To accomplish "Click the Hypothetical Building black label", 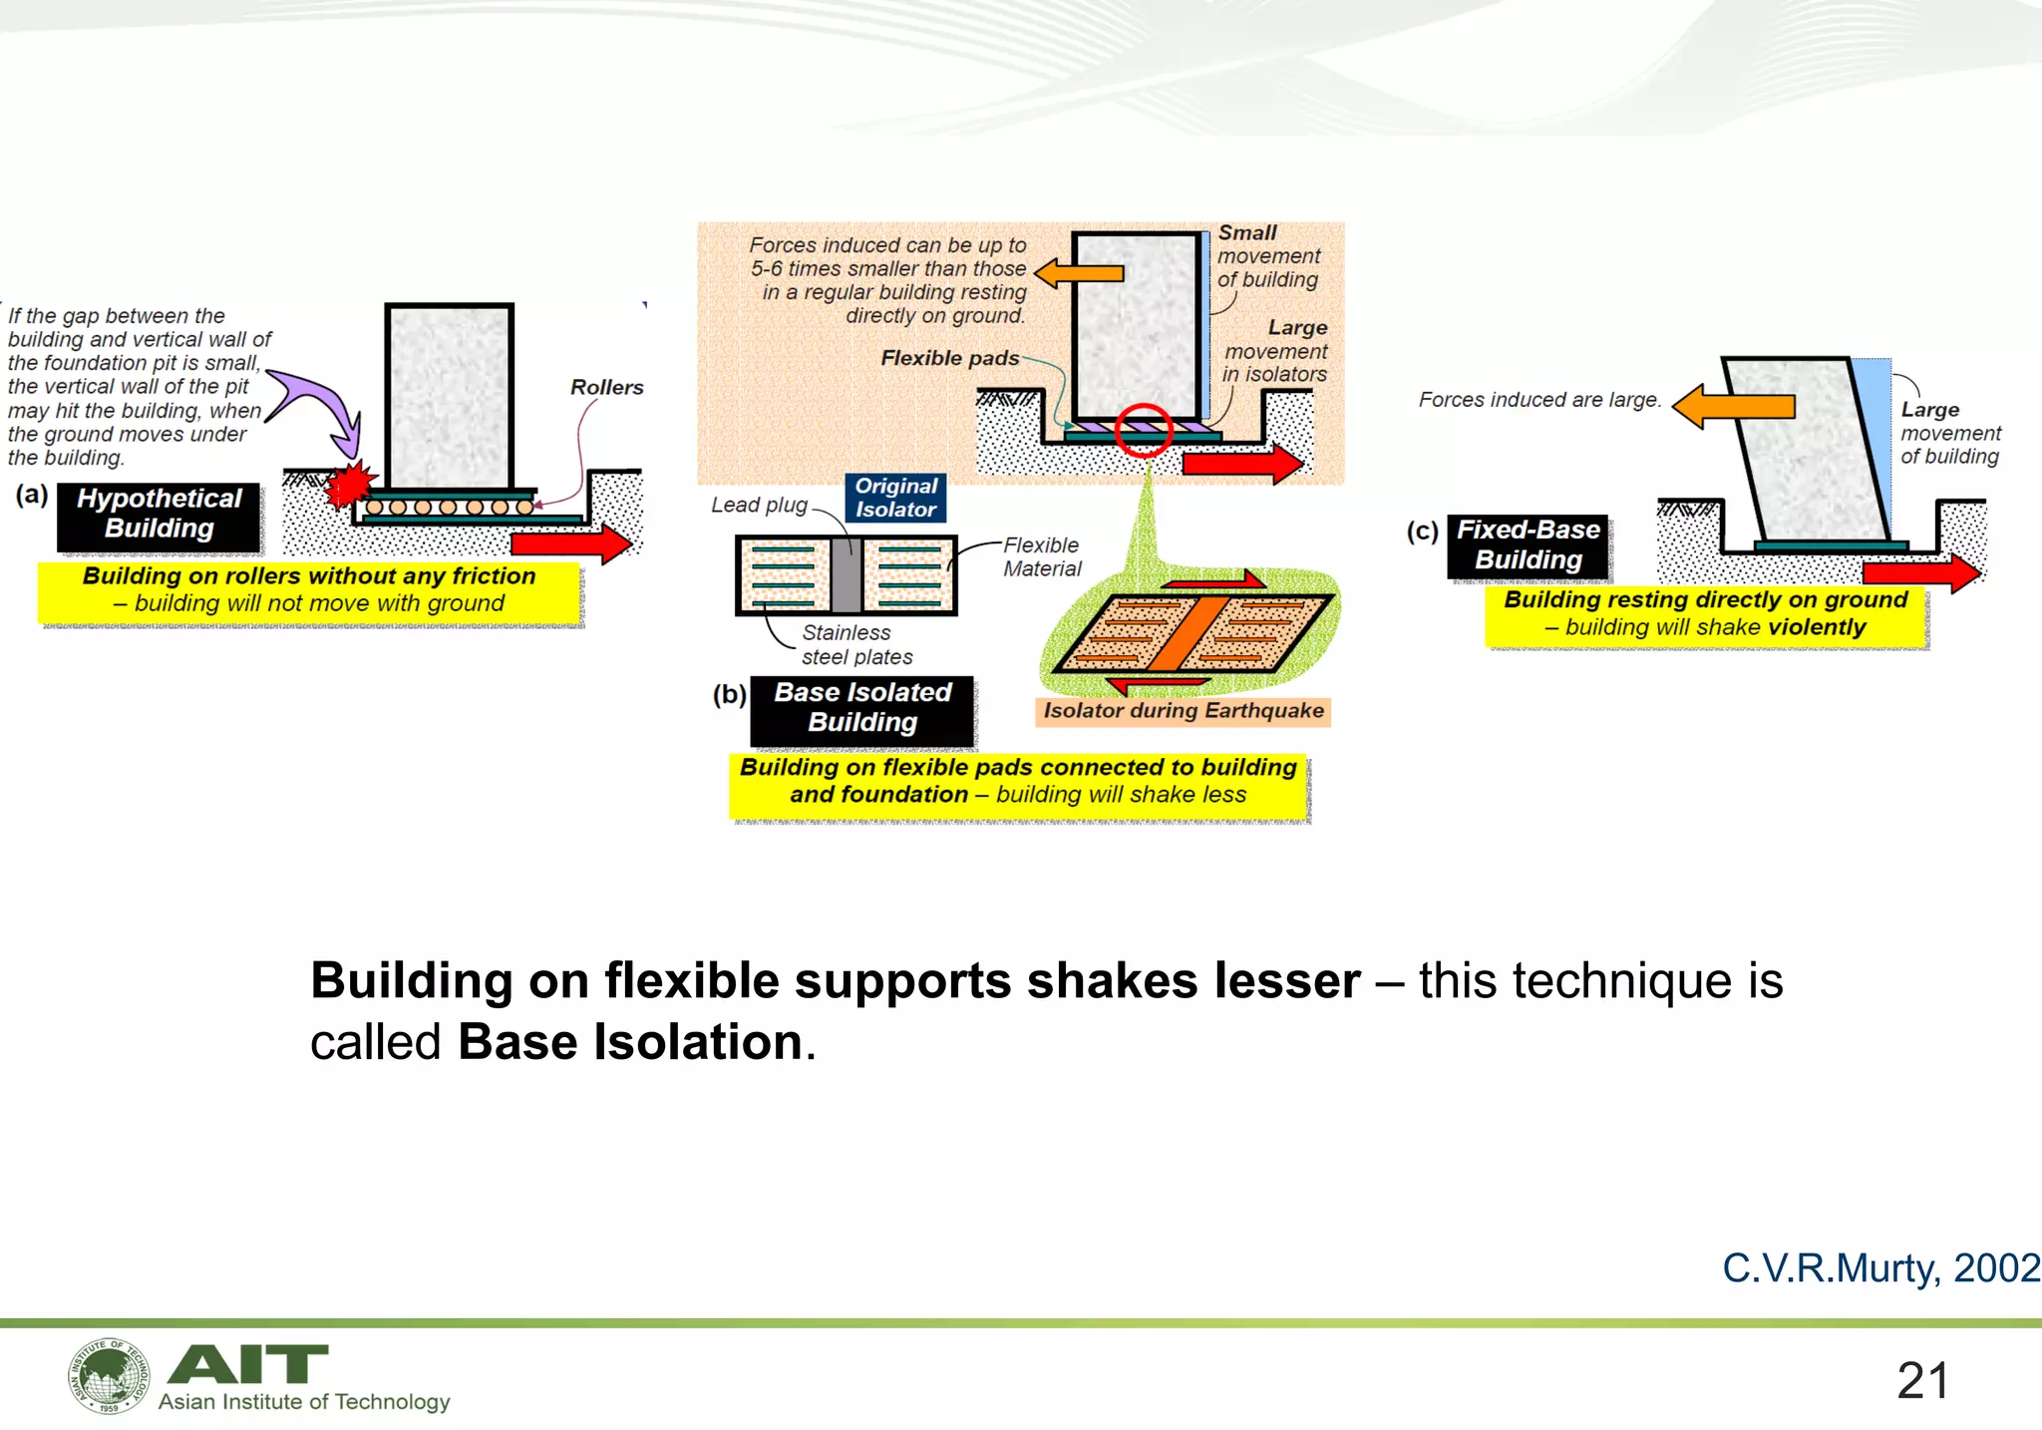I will tap(160, 515).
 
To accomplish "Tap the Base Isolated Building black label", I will tap(862, 708).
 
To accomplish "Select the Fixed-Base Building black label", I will tap(1528, 545).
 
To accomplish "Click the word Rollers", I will tap(606, 388).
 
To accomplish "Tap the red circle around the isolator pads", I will tap(1143, 430).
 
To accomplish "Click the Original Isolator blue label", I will tap(895, 498).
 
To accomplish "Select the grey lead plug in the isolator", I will tap(846, 575).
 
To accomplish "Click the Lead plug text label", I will tap(759, 506).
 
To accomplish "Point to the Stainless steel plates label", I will tap(855, 645).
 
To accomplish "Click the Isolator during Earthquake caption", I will tap(1183, 711).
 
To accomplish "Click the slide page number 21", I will tap(1921, 1381).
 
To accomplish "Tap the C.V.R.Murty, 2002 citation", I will tap(1880, 1268).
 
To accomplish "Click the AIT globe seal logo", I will tap(110, 1376).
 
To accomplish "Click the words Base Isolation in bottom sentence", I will tap(630, 1043).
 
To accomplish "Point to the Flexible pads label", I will tap(949, 359).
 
